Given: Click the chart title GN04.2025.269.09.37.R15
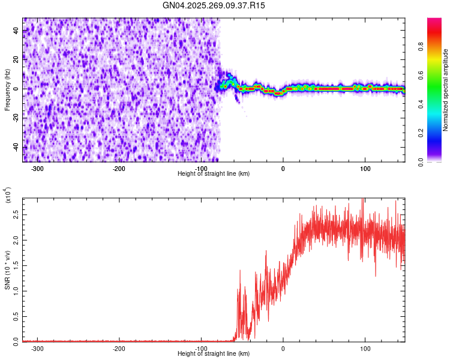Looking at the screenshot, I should click(214, 5).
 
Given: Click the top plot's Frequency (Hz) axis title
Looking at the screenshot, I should click(7, 90).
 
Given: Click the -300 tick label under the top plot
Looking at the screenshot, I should click(38, 168).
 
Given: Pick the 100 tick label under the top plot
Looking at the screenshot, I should click(365, 168).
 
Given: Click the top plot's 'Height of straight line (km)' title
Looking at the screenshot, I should click(214, 173).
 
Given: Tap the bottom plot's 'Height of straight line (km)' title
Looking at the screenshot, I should click(214, 353).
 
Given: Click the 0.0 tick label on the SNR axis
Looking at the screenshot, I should click(16, 341).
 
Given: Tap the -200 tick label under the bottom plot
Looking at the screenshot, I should click(119, 348).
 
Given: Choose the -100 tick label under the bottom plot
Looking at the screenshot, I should click(202, 348).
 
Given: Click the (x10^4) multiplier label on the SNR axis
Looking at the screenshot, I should click(8, 196).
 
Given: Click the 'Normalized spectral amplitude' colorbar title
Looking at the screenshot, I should click(446, 90).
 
